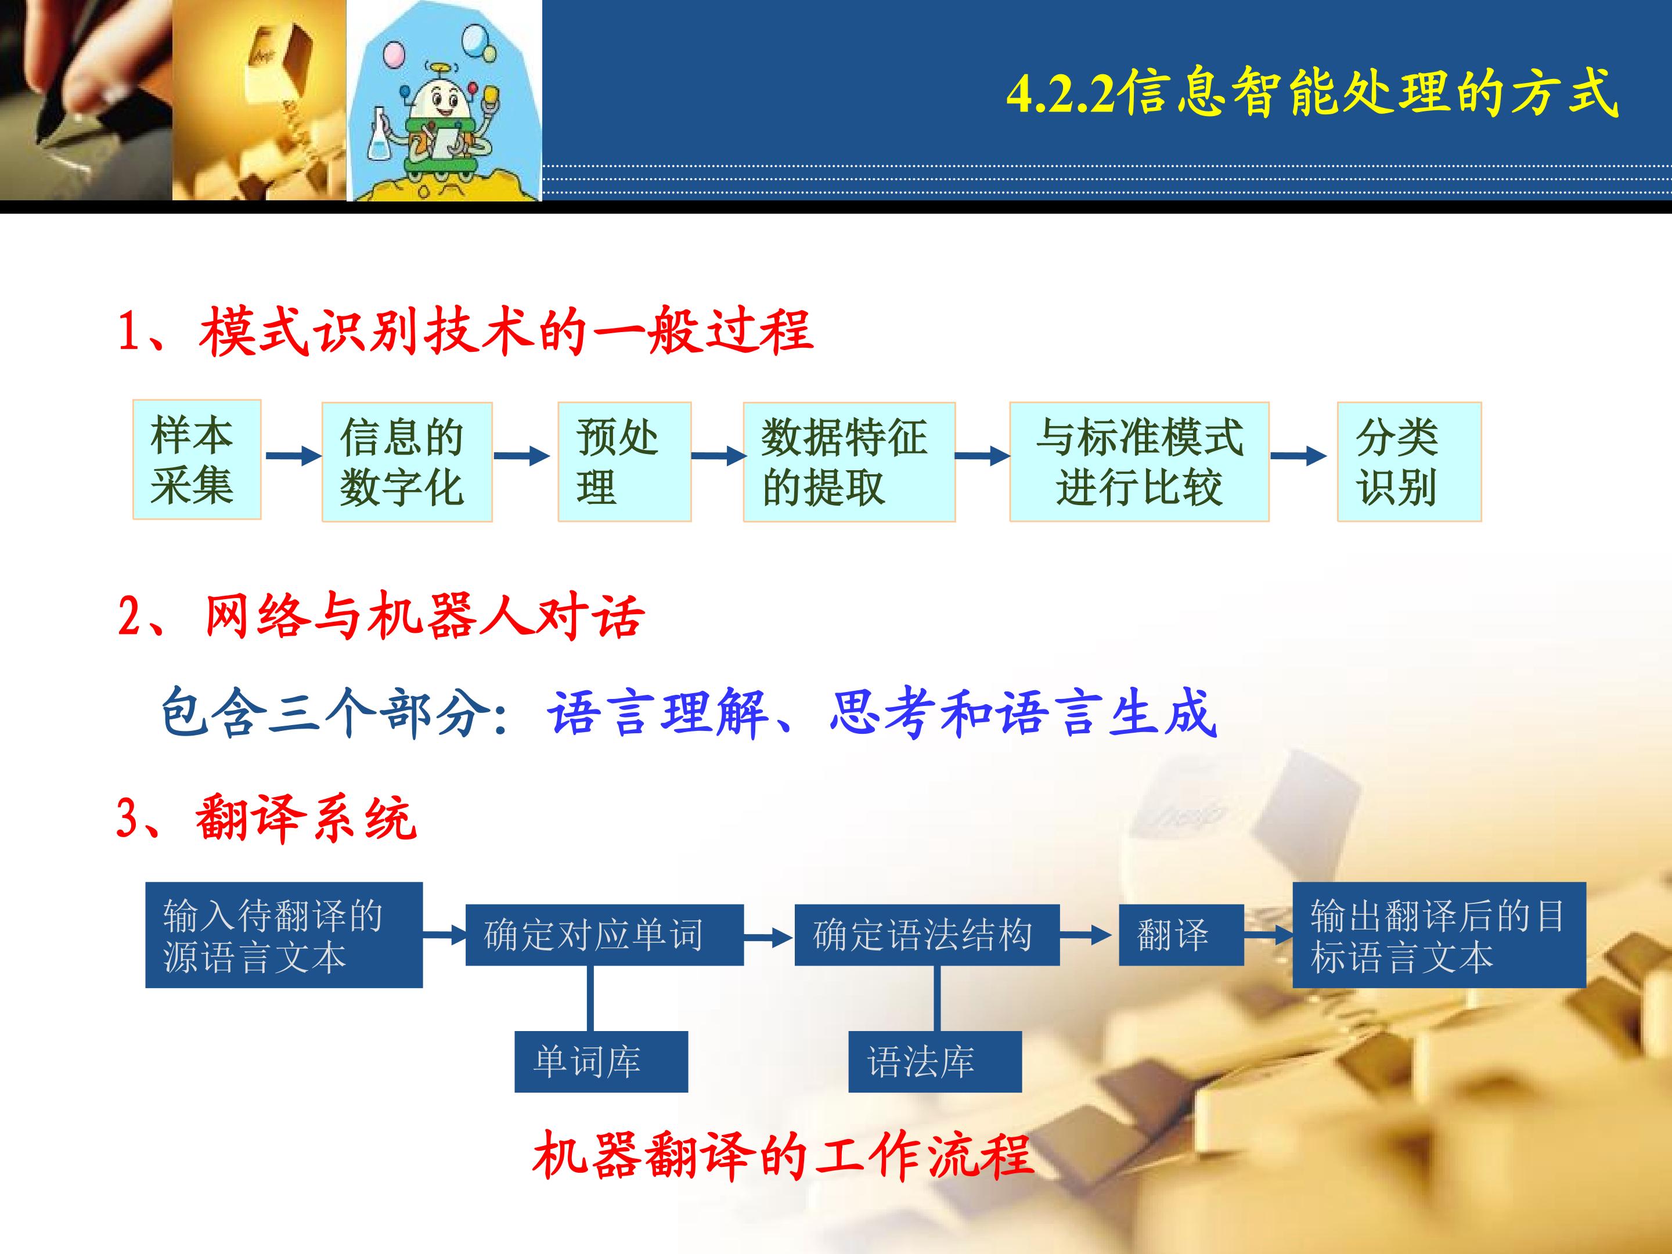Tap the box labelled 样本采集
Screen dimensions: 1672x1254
197,460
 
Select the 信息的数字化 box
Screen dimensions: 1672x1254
406,462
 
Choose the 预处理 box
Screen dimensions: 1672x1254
624,462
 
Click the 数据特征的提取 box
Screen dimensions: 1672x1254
849,462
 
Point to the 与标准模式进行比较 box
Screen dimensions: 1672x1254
1139,462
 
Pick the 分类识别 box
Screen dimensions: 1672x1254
1409,462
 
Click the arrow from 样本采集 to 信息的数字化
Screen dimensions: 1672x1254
294,456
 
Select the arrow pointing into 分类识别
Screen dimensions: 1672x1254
1299,456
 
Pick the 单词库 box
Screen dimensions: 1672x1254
601,1061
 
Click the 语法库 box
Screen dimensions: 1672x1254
935,1061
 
